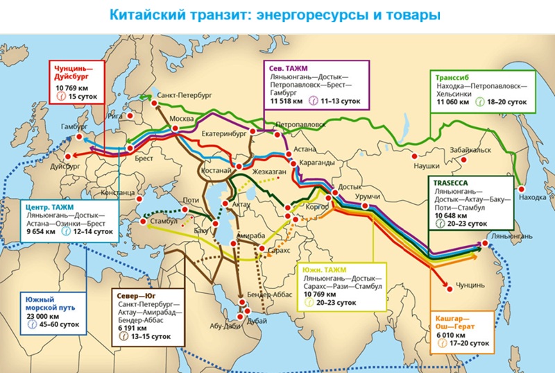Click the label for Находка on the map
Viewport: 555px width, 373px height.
[532, 198]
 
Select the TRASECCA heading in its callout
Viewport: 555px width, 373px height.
[451, 183]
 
